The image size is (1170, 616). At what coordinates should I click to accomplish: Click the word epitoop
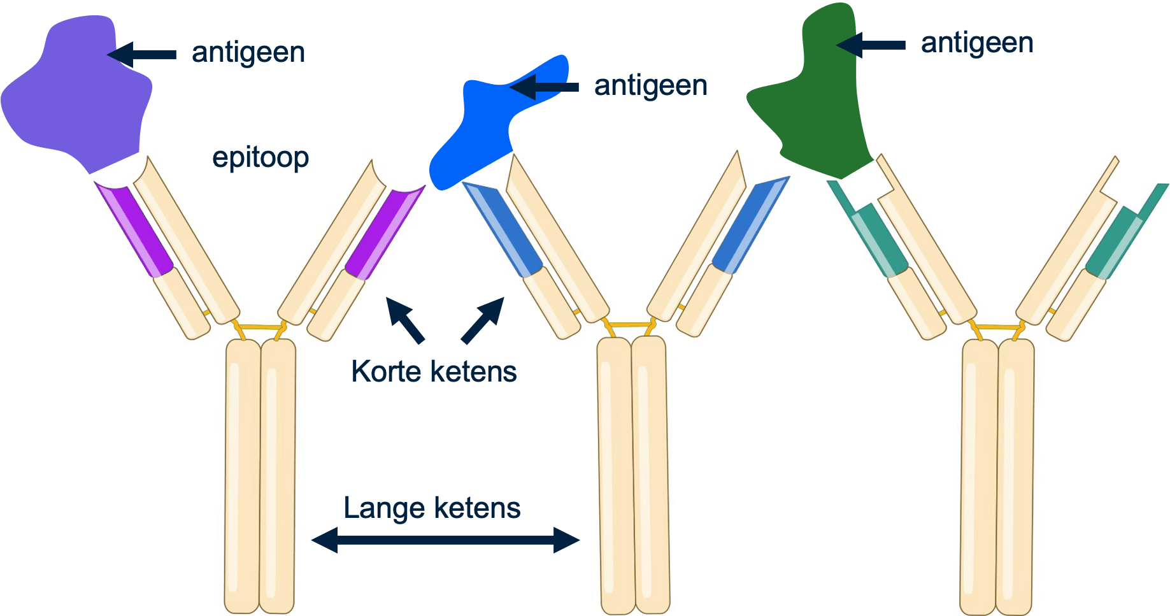pos(260,157)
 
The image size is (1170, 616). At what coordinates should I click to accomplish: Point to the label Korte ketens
pos(434,371)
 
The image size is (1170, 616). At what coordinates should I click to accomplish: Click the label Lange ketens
pos(432,508)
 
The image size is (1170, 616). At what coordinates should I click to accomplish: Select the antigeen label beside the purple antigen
pos(248,52)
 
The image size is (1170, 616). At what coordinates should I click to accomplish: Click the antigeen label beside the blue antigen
pos(650,85)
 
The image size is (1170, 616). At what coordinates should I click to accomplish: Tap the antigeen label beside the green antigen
pos(977,43)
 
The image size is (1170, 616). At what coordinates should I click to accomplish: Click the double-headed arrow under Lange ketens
pos(445,540)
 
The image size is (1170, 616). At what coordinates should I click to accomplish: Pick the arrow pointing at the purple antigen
pos(143,54)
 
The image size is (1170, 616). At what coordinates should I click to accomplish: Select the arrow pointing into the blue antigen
pos(545,87)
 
